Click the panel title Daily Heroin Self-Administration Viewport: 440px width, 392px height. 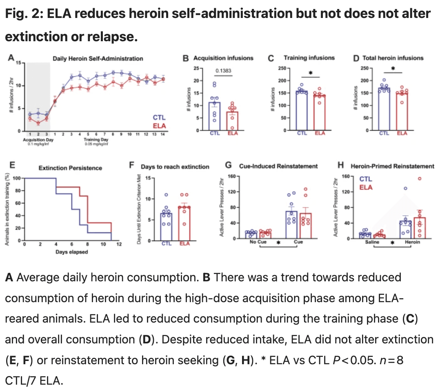98,58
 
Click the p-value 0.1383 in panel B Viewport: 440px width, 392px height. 223,71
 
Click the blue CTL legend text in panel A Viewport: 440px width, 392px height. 159,118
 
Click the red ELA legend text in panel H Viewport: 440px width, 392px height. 365,187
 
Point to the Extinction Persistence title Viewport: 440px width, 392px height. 70,168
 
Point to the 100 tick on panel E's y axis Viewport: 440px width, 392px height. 16,178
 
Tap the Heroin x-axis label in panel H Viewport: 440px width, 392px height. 413,242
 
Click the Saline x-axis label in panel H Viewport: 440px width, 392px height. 372,242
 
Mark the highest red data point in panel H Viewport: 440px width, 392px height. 419,178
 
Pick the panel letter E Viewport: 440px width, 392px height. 12,165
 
